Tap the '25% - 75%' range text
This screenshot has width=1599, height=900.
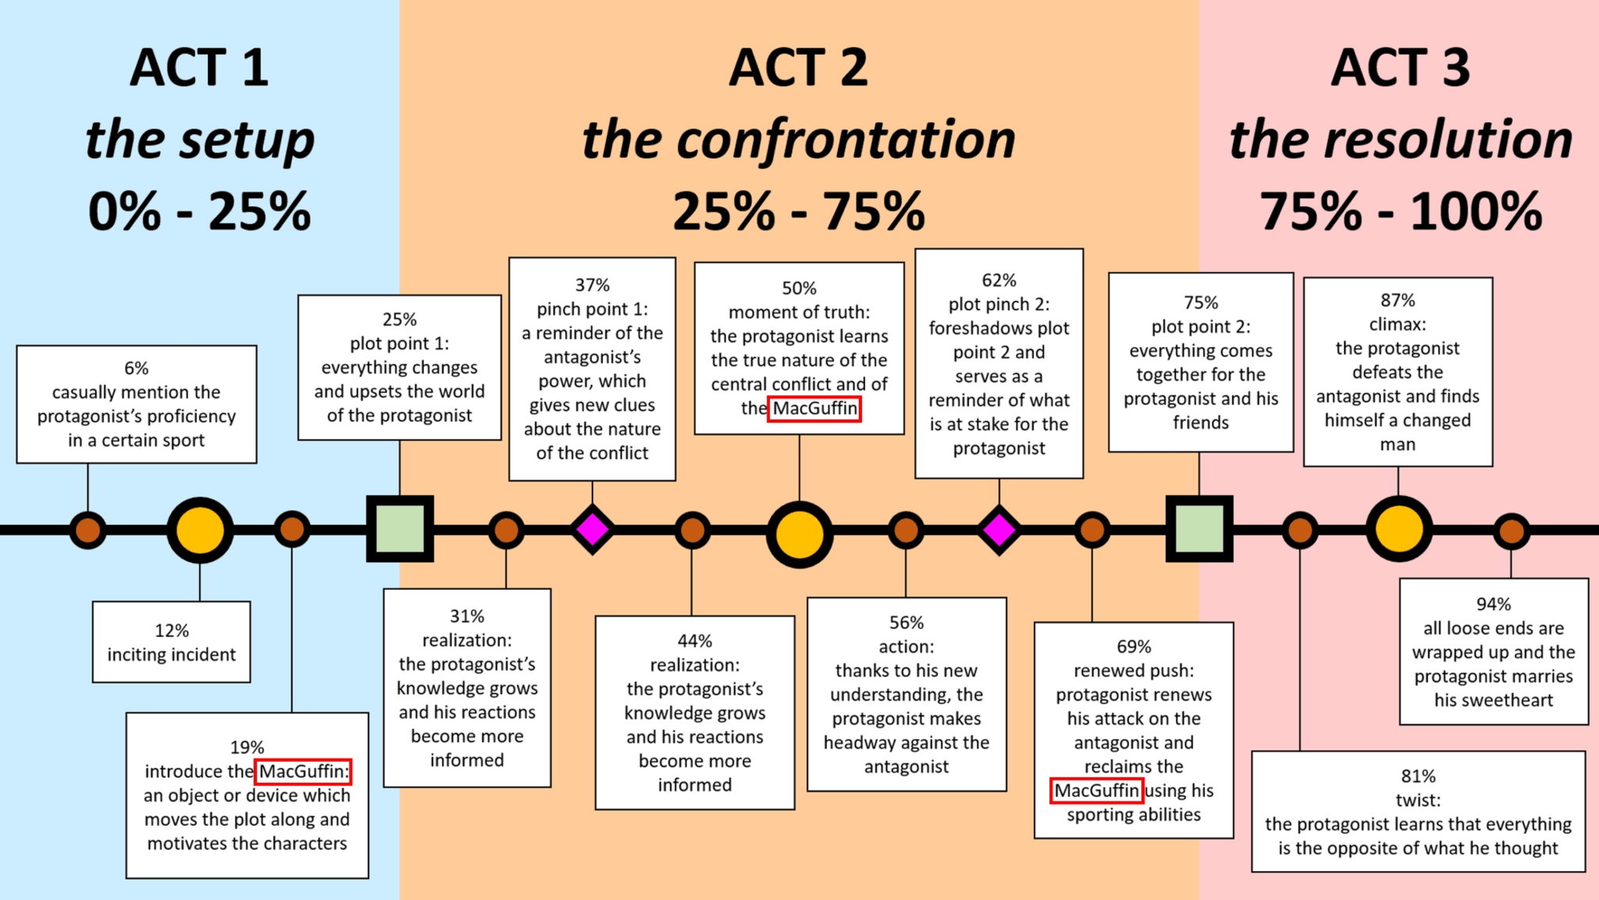(799, 211)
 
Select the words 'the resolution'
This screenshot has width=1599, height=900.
(1401, 140)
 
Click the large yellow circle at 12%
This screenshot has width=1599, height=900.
(200, 530)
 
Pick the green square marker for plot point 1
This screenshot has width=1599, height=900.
(400, 529)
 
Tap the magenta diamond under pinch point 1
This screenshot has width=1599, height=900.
(593, 530)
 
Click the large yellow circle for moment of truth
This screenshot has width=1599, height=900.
(799, 534)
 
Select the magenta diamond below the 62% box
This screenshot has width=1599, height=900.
(999, 530)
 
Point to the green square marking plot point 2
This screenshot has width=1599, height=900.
(1199, 529)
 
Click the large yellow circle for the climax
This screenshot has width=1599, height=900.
(1398, 530)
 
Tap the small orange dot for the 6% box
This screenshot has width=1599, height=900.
(87, 530)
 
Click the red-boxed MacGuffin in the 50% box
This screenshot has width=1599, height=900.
(814, 409)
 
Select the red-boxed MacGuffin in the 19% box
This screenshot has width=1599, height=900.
(303, 772)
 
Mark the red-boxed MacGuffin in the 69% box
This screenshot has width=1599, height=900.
(1097, 791)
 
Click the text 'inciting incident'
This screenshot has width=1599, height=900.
(172, 655)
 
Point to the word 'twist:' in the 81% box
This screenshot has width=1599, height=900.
(1418, 800)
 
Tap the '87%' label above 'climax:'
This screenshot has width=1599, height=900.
(1398, 300)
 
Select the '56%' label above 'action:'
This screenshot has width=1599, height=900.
(906, 623)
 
